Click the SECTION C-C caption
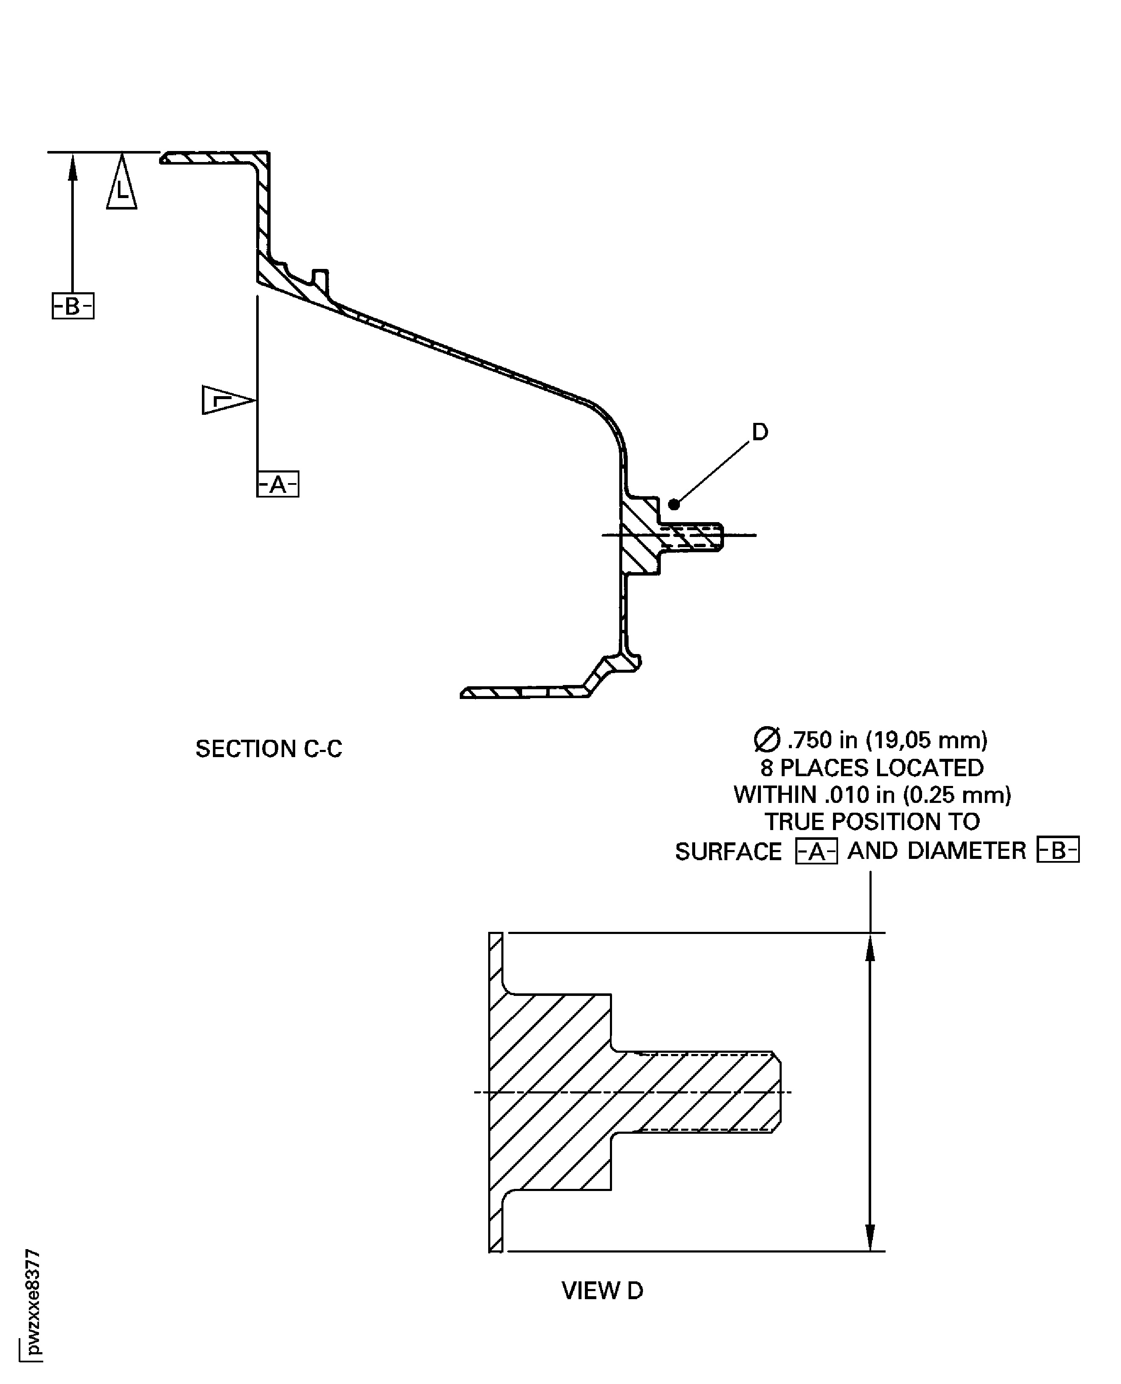[268, 749]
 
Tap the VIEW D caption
[602, 1290]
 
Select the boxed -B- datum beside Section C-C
[73, 306]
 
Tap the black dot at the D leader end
[674, 504]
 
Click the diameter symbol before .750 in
[766, 740]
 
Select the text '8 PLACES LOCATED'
[872, 768]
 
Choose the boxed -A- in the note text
[816, 851]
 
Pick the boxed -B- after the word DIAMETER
[1058, 850]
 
